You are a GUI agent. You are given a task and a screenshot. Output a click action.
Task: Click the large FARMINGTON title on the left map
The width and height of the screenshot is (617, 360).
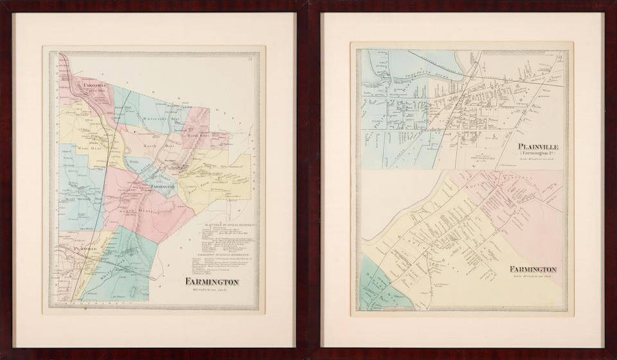pos(212,282)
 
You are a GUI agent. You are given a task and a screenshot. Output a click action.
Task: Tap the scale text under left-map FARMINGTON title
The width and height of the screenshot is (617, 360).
pos(212,290)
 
